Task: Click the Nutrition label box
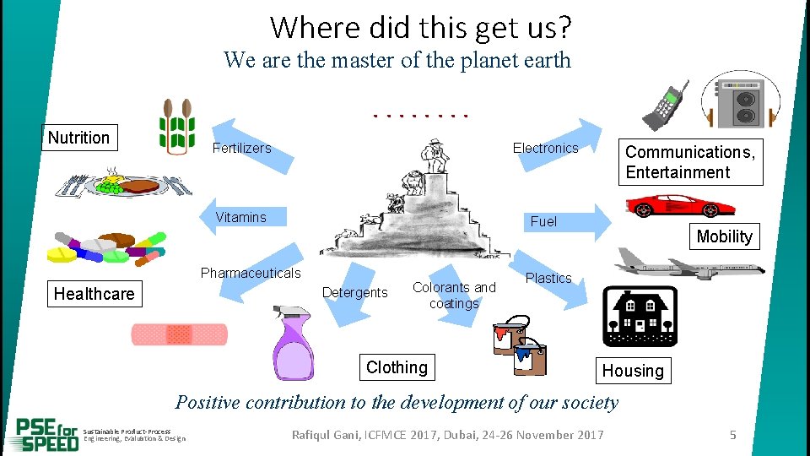pos(79,138)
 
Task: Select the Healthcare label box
pos(94,294)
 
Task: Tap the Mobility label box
pos(724,236)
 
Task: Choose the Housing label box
pos(633,371)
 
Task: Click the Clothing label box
pos(397,367)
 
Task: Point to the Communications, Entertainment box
pos(690,162)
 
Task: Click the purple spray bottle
pos(291,346)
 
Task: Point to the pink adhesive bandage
pos(179,335)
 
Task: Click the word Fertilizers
pos(241,148)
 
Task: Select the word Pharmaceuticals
pos(250,273)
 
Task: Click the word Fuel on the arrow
pos(543,221)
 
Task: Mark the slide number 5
pos(732,435)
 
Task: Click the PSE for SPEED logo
pos(47,434)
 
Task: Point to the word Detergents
pos(355,293)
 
